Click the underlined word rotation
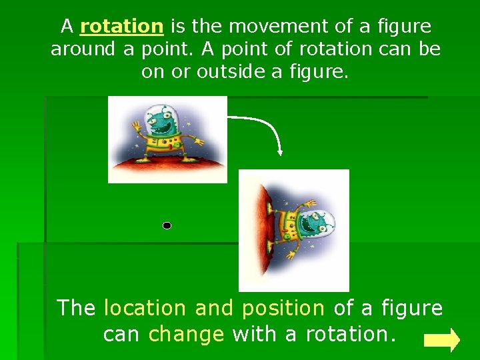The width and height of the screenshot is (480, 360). pos(121,27)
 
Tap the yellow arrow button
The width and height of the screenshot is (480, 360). pos(442,340)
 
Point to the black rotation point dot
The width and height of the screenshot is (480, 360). pos(167,226)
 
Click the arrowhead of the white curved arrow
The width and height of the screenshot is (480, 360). pos(281,151)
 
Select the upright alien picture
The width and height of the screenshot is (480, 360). pos(167,139)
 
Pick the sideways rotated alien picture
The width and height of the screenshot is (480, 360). pos(293,230)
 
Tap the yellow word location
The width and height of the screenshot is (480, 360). pos(146,308)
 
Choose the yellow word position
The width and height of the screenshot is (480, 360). pos(283,308)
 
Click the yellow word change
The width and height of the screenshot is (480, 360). pos(186,333)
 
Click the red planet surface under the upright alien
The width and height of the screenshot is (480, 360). pos(167,169)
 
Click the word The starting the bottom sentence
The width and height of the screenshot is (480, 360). pos(77,308)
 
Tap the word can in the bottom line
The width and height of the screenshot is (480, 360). pos(122,333)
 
